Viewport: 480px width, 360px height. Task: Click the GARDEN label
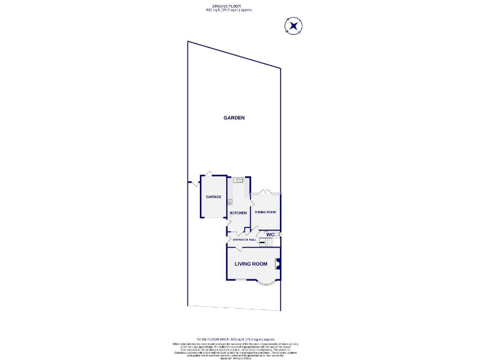pos(234,117)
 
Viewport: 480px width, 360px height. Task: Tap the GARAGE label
pos(214,197)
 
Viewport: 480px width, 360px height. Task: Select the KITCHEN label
pos(238,213)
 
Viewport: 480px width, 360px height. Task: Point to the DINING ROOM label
pos(265,212)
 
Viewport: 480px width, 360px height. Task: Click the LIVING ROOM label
pos(251,264)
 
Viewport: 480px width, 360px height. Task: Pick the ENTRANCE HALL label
pos(245,239)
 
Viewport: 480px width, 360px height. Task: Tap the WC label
pos(270,234)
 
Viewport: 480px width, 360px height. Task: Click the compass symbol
pos(293,26)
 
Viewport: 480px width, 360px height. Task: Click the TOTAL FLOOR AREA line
pos(228,337)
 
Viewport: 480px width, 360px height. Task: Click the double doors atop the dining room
pos(266,191)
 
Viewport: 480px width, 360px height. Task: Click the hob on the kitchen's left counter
pos(230,201)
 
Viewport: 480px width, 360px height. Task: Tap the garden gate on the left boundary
pos(193,183)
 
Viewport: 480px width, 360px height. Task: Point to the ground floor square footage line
pos(228,11)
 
